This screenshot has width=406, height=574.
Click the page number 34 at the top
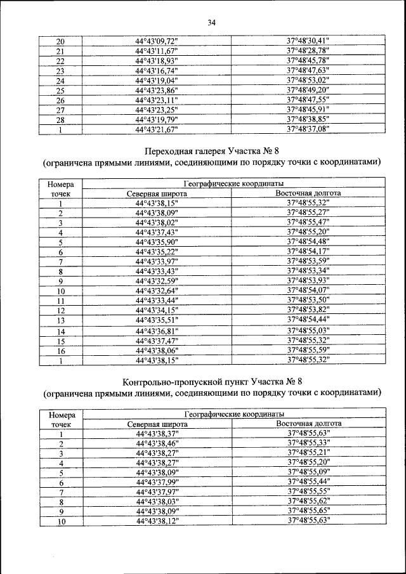pyautogui.click(x=212, y=23)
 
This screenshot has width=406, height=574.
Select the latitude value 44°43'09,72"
pyautogui.click(x=157, y=42)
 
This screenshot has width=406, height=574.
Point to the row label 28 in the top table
pyautogui.click(x=61, y=120)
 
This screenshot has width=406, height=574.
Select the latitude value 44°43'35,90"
pyautogui.click(x=157, y=242)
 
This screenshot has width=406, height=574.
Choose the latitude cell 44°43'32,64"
pyautogui.click(x=157, y=290)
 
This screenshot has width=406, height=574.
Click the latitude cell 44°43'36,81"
pyautogui.click(x=157, y=331)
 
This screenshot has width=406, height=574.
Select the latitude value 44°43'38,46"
pyautogui.click(x=157, y=443)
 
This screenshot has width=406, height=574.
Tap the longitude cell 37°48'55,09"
pyautogui.click(x=308, y=472)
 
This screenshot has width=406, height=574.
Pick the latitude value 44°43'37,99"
pyautogui.click(x=157, y=482)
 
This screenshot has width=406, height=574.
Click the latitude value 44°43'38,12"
pyautogui.click(x=157, y=521)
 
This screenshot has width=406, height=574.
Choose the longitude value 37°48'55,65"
pyautogui.click(x=308, y=511)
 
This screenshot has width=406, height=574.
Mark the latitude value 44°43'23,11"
pyautogui.click(x=157, y=100)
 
